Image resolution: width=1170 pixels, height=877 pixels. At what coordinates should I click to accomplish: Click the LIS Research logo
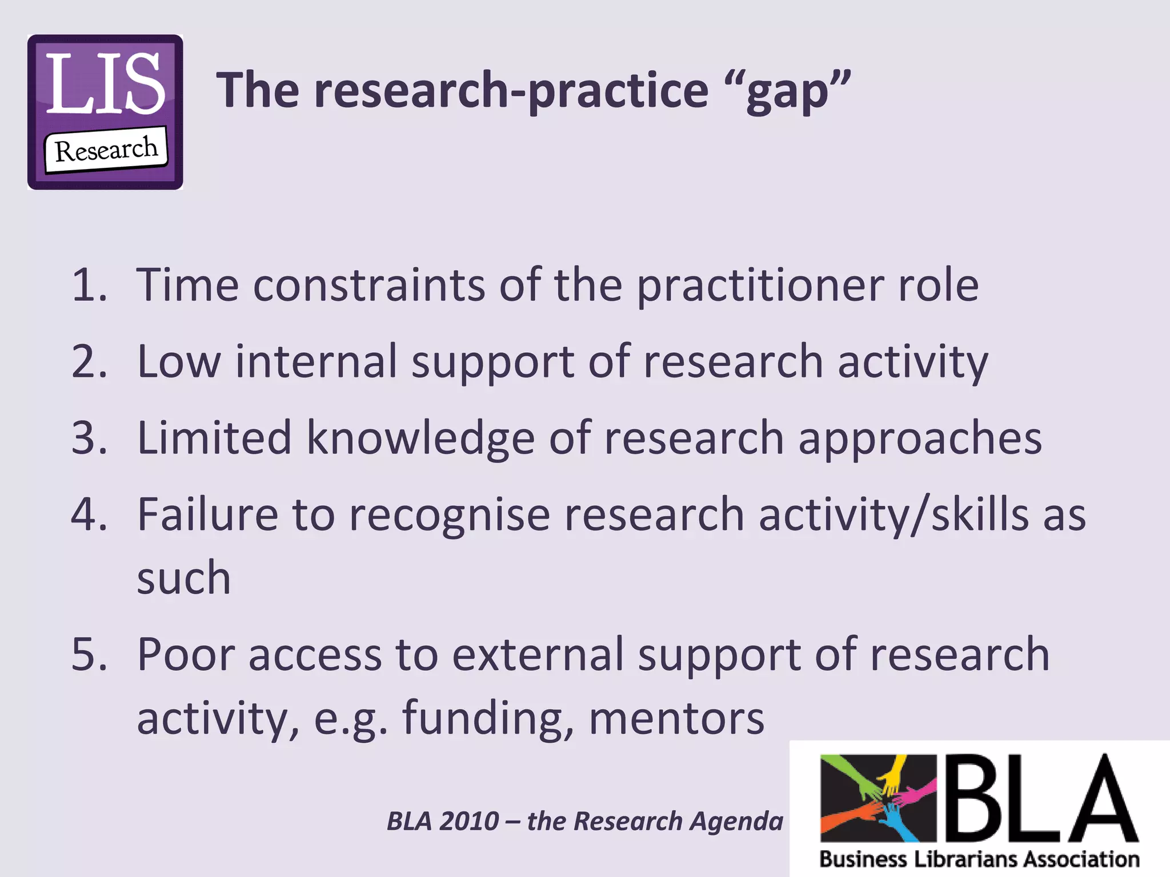pyautogui.click(x=105, y=112)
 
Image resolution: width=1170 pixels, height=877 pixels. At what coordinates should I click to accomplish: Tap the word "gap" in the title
pyautogui.click(x=788, y=91)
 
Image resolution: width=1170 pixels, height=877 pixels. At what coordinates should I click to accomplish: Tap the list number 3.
pyautogui.click(x=88, y=437)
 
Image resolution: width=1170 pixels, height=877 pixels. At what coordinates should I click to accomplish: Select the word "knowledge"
pyautogui.click(x=420, y=438)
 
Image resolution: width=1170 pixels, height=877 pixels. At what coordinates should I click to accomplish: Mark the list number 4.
pyautogui.click(x=88, y=514)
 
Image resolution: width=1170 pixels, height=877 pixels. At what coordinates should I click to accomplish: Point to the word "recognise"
pyautogui.click(x=450, y=515)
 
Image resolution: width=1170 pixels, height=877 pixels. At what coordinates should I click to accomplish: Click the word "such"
pyautogui.click(x=184, y=578)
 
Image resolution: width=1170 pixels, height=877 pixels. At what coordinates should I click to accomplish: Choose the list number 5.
pyautogui.click(x=88, y=654)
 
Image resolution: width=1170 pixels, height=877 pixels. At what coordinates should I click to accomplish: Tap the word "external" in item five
pyautogui.click(x=538, y=654)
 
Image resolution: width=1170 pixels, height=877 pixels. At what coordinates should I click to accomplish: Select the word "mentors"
pyautogui.click(x=676, y=718)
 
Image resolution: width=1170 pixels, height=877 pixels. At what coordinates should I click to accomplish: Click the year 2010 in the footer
pyautogui.click(x=470, y=821)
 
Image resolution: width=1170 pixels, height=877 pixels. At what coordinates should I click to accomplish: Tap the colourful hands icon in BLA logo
pyautogui.click(x=878, y=798)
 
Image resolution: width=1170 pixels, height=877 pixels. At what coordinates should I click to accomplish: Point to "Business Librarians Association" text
pyautogui.click(x=979, y=859)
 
